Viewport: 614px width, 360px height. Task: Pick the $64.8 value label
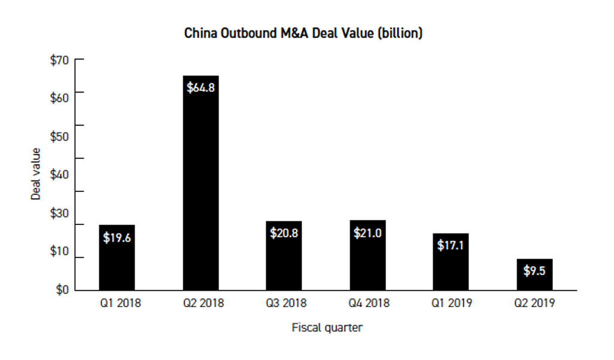[200, 88]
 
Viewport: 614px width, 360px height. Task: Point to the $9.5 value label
[534, 271]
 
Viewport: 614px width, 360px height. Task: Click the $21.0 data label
[367, 233]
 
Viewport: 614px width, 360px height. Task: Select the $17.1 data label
[451, 245]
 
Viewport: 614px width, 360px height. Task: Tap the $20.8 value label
[284, 233]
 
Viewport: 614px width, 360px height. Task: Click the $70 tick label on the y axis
[59, 60]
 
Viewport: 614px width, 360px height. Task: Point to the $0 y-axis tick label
[62, 290]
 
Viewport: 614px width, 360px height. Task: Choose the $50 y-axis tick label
[59, 136]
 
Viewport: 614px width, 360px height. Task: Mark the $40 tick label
[59, 175]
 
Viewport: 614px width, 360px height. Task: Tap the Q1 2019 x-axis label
[452, 303]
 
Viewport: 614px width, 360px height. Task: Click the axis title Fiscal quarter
[327, 328]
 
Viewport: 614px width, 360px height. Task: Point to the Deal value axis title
[36, 174]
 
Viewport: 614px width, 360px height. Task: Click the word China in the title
[201, 34]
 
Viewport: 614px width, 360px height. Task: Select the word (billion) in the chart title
[399, 34]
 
